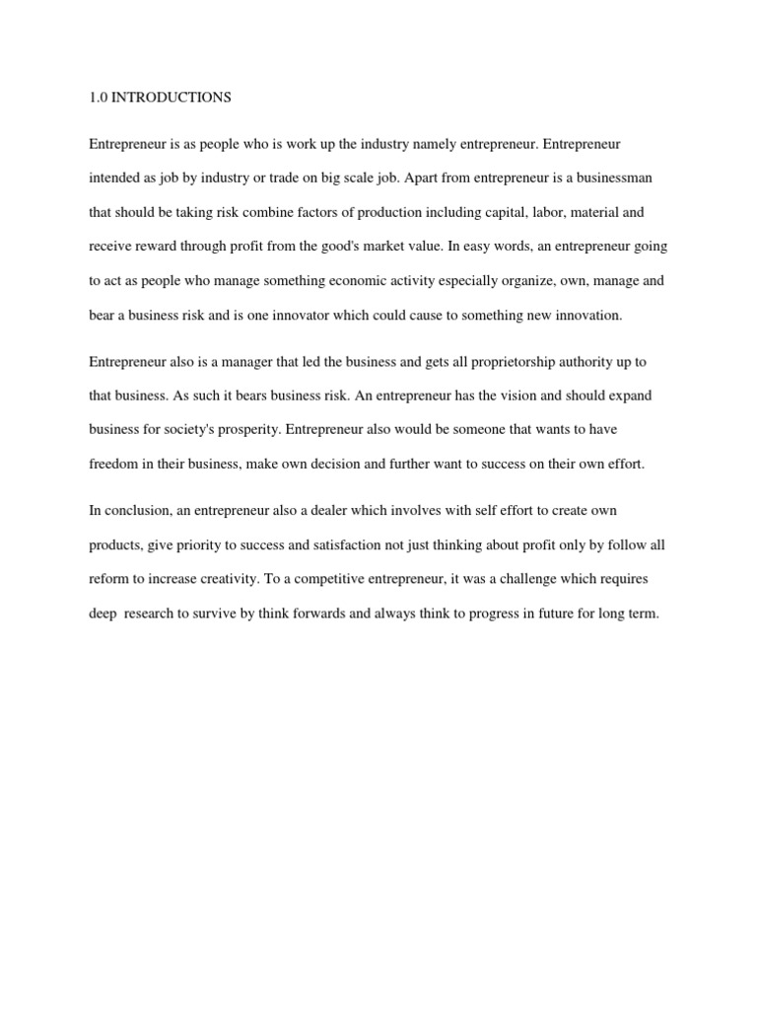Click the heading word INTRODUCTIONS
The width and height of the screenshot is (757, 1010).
coord(173,98)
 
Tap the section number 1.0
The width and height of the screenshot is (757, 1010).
coord(99,98)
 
